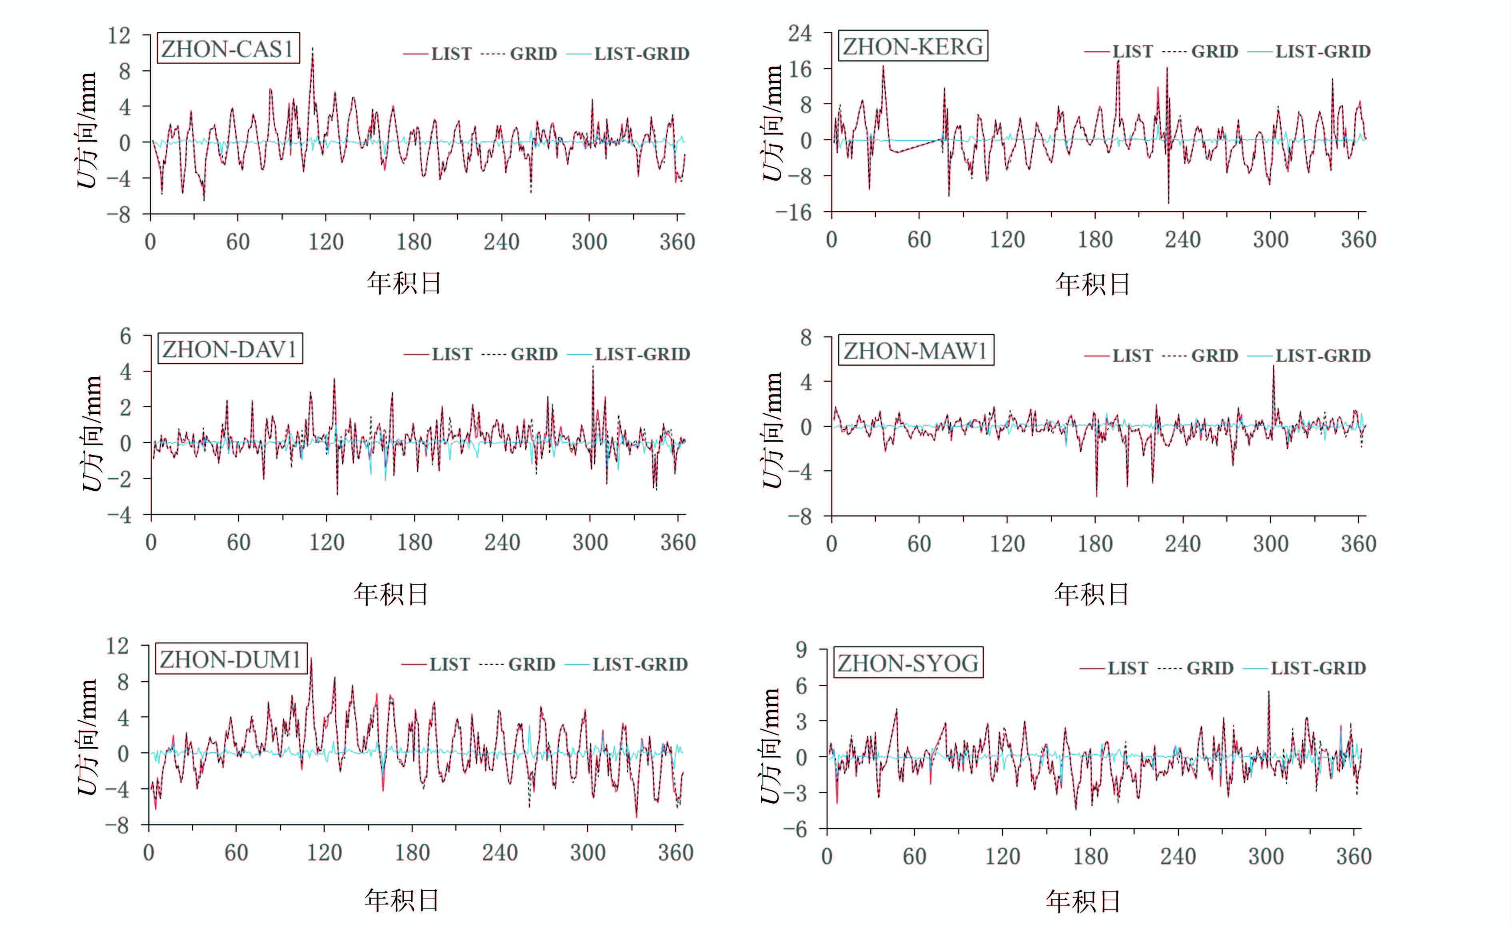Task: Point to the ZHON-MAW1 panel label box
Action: (915, 351)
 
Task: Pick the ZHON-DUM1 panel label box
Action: (231, 660)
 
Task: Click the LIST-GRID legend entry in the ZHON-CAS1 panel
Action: (641, 54)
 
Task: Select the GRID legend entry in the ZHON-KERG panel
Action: (1214, 52)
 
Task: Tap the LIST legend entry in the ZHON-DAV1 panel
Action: (451, 354)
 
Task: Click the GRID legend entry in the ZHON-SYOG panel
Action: (1209, 668)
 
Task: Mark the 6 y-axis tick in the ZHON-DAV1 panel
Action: (125, 336)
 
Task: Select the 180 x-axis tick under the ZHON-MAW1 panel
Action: (1094, 544)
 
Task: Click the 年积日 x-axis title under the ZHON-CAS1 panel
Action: (404, 283)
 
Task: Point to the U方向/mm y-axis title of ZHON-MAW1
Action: (773, 429)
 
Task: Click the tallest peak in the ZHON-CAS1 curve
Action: (313, 49)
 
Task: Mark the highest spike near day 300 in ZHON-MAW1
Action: (1273, 366)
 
